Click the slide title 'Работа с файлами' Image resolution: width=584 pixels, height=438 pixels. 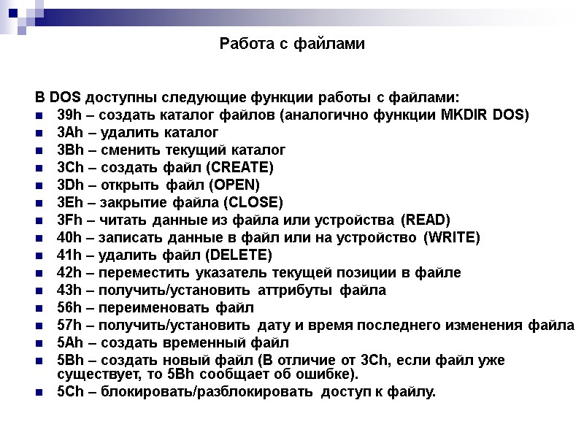point(291,45)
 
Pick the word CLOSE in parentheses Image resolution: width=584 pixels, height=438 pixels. point(253,203)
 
